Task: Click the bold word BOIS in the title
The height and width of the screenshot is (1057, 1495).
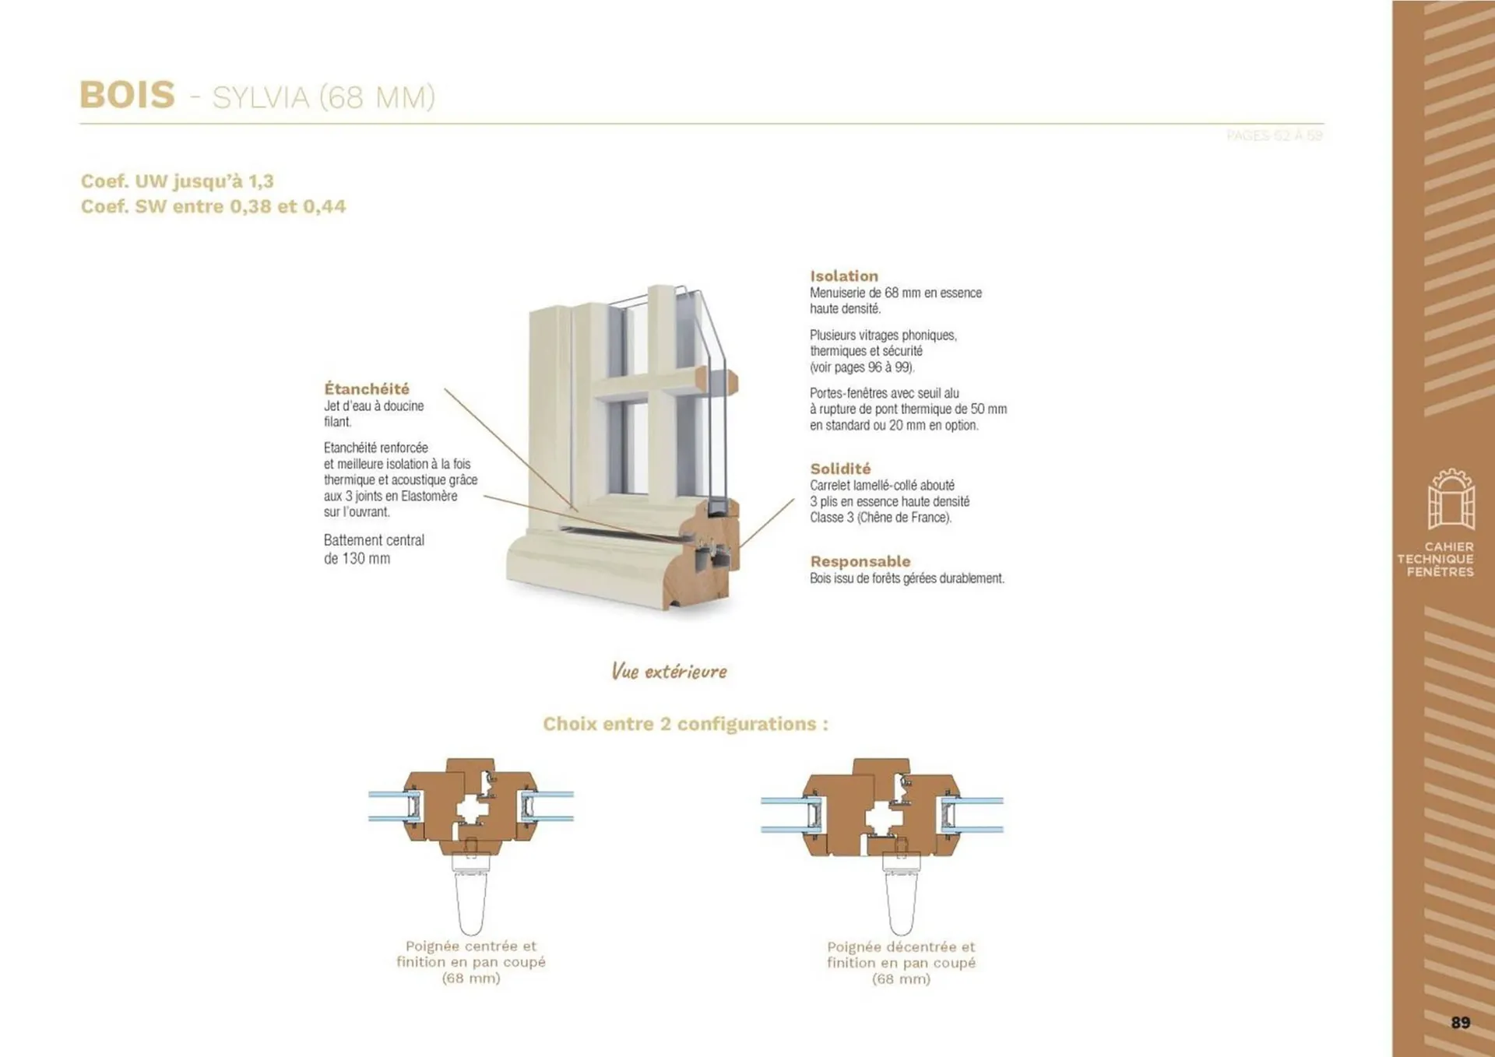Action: [127, 95]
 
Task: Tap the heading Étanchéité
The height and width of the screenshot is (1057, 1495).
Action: [367, 388]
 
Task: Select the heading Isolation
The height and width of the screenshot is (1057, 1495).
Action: [844, 276]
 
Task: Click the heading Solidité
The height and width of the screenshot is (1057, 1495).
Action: [840, 469]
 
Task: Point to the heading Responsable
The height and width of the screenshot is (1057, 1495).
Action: [860, 561]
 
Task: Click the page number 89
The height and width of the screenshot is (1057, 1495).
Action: [1460, 1023]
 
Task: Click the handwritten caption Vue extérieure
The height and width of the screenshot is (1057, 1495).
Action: [669, 671]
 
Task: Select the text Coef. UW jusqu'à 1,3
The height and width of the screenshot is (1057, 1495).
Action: [178, 181]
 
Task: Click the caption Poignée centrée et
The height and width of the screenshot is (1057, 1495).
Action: [471, 946]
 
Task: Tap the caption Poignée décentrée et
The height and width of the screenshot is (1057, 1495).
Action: [901, 946]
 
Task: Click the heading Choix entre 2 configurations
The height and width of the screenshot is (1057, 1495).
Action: [685, 724]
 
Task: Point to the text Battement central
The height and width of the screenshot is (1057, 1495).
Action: [374, 540]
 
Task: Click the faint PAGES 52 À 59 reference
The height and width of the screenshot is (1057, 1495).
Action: [1274, 136]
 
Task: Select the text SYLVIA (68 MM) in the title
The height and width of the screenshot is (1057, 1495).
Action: [323, 98]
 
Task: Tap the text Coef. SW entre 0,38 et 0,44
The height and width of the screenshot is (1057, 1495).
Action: [213, 206]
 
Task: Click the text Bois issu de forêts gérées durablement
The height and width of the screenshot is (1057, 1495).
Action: [907, 578]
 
